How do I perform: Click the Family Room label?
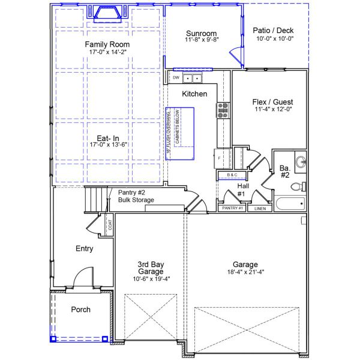pyautogui.click(x=107, y=44)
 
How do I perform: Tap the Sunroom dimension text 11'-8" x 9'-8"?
pyautogui.click(x=202, y=40)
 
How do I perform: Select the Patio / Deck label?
pyautogui.click(x=273, y=29)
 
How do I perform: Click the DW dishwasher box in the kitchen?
pyautogui.click(x=176, y=78)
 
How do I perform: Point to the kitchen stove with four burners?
pyautogui.click(x=223, y=110)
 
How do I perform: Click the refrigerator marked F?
pyautogui.click(x=219, y=158)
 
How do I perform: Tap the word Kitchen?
pyautogui.click(x=194, y=94)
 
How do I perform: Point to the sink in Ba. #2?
pyautogui.click(x=301, y=161)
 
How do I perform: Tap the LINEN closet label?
pyautogui.click(x=259, y=209)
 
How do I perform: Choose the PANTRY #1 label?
pyautogui.click(x=232, y=208)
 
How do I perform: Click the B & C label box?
pyautogui.click(x=232, y=175)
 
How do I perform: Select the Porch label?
pyautogui.click(x=81, y=310)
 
